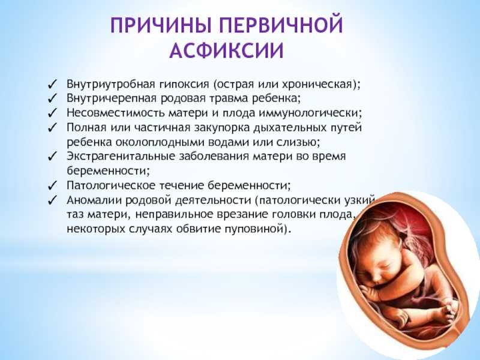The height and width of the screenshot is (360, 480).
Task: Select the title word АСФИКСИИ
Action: pyautogui.click(x=227, y=50)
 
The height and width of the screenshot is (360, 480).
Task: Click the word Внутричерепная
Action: pyautogui.click(x=112, y=98)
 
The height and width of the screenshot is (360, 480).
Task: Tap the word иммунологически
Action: pyautogui.click(x=308, y=113)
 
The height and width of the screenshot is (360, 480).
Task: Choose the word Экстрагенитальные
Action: pyautogui.click(x=121, y=157)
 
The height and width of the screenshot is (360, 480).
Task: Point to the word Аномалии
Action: pyautogui.click(x=94, y=200)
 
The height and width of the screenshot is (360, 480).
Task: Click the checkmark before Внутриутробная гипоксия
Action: pyautogui.click(x=53, y=84)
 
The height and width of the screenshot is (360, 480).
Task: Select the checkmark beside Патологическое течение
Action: pyautogui.click(x=53, y=185)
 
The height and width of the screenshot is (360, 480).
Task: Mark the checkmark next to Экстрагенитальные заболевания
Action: pyautogui.click(x=53, y=157)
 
